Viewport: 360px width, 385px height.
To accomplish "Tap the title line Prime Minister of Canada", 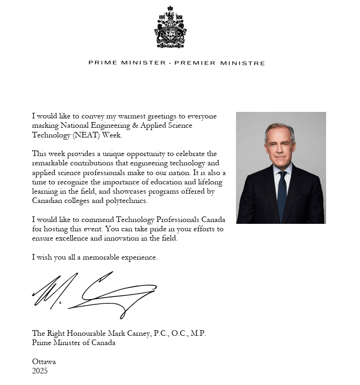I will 73,343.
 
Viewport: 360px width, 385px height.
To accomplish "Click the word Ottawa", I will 44,361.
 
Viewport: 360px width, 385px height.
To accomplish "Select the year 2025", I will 40,371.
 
